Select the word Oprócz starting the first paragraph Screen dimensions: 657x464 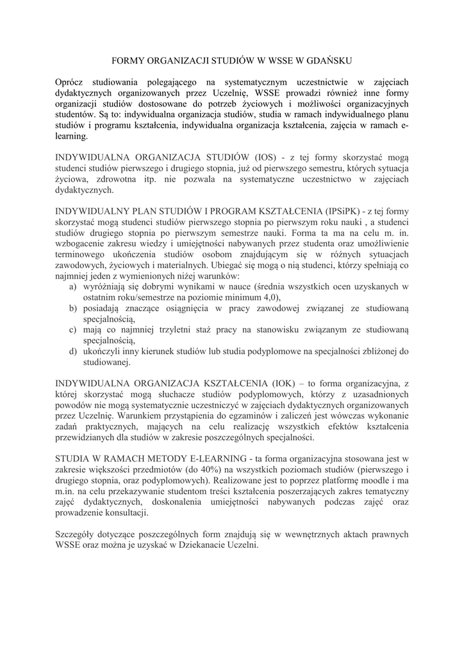pos(70,82)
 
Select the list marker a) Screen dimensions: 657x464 pos(73,287)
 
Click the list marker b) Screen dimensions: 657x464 pos(73,309)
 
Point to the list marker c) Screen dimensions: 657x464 pos(73,330)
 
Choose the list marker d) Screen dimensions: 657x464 pos(73,352)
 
